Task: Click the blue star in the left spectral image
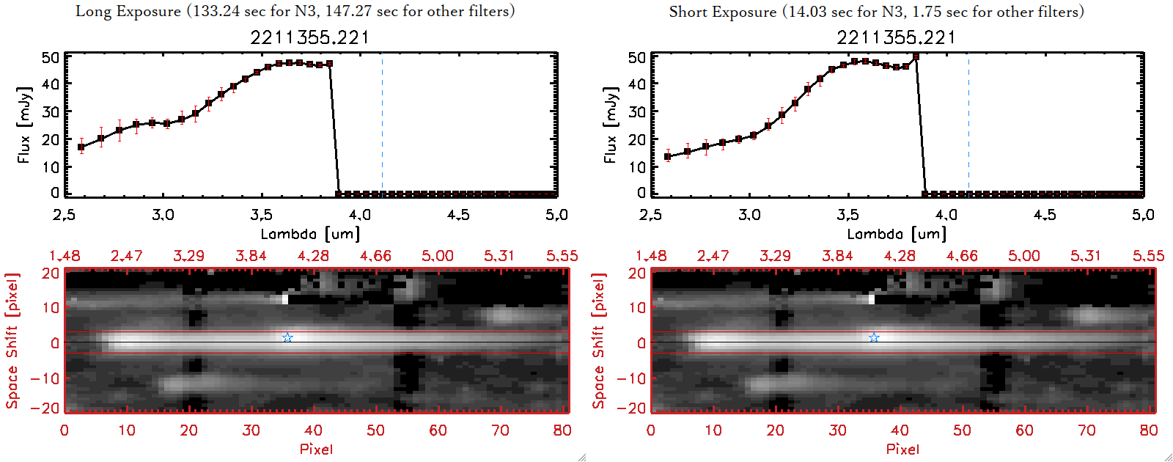click(287, 337)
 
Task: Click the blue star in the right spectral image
click(874, 337)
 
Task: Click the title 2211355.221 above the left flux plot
click(309, 37)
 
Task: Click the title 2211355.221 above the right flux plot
click(896, 37)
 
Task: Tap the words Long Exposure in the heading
click(128, 11)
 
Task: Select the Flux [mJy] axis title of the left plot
click(24, 125)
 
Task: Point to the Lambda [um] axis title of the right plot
click(897, 234)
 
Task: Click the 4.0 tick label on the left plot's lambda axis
click(359, 215)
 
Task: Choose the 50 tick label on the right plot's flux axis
click(637, 58)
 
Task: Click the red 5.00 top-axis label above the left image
click(437, 256)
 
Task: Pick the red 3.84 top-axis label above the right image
click(837, 256)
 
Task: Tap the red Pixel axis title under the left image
click(316, 449)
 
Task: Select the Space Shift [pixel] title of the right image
click(599, 341)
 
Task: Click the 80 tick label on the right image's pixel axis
click(1149, 430)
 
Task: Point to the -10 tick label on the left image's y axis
click(45, 378)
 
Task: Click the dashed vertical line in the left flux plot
click(382, 125)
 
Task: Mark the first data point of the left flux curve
click(81, 147)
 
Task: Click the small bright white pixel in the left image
click(285, 298)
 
